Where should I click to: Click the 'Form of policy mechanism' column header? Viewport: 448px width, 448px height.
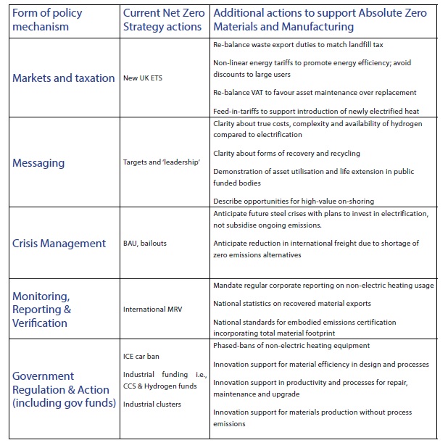[x=47, y=20]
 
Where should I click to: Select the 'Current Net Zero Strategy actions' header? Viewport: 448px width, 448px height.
[x=164, y=20]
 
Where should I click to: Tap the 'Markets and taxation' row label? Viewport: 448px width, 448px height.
[x=64, y=78]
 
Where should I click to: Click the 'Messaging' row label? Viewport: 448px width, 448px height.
[x=38, y=162]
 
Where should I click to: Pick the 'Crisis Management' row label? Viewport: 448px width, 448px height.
[x=59, y=243]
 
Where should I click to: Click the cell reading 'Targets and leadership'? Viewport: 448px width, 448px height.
[x=162, y=163]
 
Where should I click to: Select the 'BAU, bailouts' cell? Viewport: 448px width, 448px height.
[x=145, y=243]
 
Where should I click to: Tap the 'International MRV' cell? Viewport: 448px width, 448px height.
[x=154, y=309]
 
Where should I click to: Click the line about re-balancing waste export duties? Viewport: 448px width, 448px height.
[x=298, y=45]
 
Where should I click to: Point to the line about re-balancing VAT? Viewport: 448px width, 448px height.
[x=315, y=92]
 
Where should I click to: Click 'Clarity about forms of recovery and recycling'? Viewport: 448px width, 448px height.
[x=287, y=154]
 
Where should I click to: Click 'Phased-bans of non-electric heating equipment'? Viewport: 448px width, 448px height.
[x=291, y=346]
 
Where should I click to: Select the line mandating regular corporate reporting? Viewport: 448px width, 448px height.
[x=323, y=286]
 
